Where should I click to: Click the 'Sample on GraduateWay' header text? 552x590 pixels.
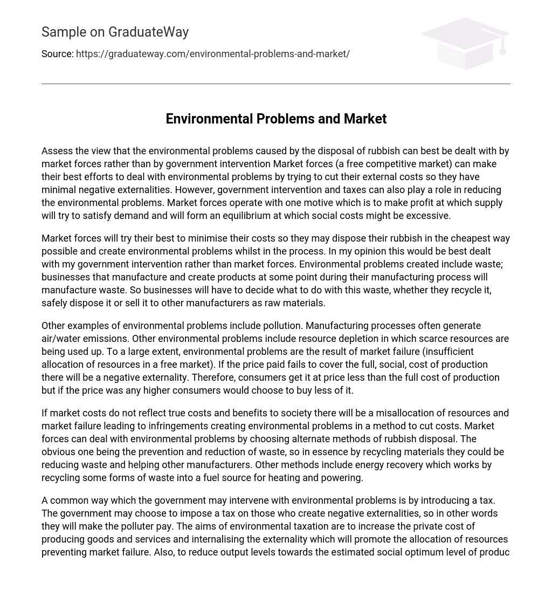[x=115, y=32]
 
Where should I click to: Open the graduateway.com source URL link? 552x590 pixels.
[x=212, y=54]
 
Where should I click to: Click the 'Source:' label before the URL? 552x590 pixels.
[x=57, y=54]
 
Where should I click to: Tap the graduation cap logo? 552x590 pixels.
[x=465, y=43]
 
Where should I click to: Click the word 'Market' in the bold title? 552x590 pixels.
[x=365, y=119]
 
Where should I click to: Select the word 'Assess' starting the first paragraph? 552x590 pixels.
[x=56, y=151]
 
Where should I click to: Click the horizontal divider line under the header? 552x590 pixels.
[x=276, y=84]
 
